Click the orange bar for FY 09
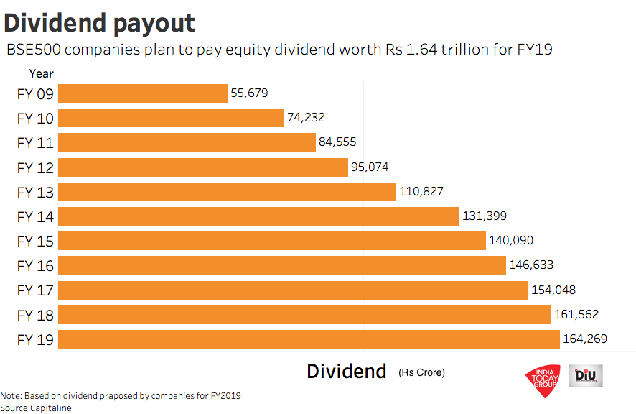coord(142,93)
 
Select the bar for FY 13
coord(227,192)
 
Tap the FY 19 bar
coord(309,339)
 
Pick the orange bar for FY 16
coord(281,266)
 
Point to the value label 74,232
coord(311,118)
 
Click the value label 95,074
coord(370,167)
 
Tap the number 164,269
coord(585,339)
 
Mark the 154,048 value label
coord(553,290)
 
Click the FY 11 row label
coord(35,143)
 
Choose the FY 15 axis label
coord(35,241)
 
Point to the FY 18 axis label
coord(35,315)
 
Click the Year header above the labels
coord(41,73)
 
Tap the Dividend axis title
coord(346,372)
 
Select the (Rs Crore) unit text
coord(421,372)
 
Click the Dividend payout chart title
coord(99,23)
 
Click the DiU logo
coord(586,375)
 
